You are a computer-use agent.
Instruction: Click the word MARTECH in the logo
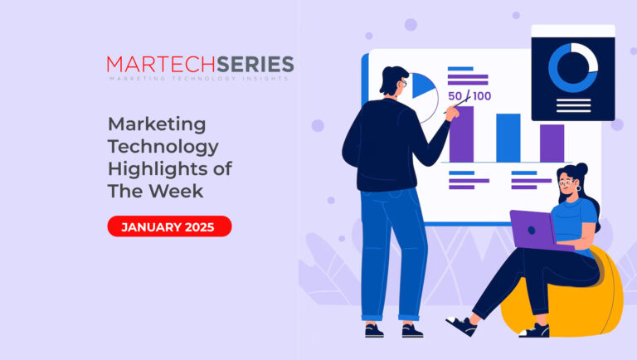161,64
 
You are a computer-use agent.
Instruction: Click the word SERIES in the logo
255,64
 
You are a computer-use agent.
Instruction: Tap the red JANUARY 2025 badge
169,226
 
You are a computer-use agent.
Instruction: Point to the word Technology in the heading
163,147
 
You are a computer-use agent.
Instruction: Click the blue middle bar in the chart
508,138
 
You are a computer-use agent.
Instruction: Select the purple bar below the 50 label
461,134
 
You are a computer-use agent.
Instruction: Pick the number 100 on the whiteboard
482,96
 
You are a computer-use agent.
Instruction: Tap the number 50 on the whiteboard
455,96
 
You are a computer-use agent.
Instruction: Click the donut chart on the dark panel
573,68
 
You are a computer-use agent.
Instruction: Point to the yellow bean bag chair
569,297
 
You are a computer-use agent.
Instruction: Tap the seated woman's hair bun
581,168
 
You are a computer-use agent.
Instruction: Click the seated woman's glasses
566,182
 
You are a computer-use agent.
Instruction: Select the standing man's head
394,81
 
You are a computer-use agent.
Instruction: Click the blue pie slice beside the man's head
422,85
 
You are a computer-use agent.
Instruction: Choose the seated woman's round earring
578,188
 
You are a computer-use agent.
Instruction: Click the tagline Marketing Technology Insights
199,78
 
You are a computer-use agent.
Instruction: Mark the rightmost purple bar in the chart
552,144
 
